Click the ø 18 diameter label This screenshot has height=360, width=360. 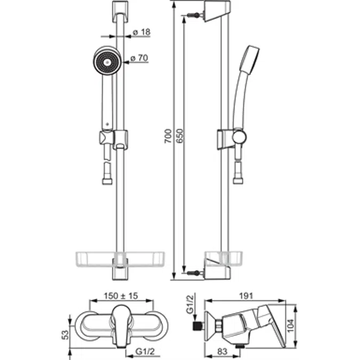(142, 33)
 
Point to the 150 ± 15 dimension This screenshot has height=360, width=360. (121, 295)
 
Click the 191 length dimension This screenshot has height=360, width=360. (246, 295)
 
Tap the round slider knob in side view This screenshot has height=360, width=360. (239, 138)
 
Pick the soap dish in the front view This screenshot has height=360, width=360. (121, 260)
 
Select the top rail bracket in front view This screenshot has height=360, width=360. (120, 12)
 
